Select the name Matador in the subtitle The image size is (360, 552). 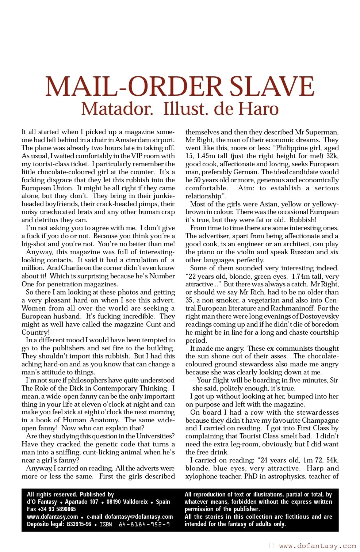point(117,109)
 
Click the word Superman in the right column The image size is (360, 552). point(322,132)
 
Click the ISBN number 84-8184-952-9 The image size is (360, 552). point(144,525)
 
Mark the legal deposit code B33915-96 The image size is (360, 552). point(79,525)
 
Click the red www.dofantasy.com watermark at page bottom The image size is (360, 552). point(317,546)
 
